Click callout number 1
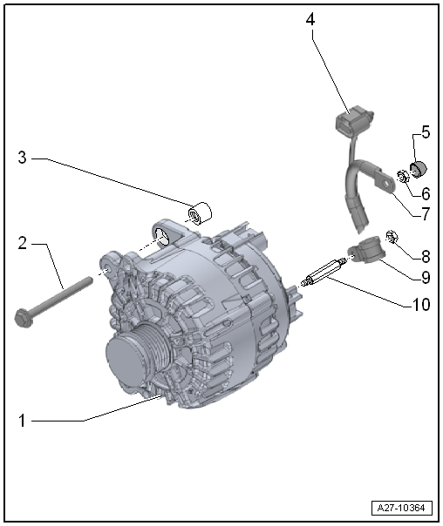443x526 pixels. click(22, 421)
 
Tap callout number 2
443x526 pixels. click(22, 243)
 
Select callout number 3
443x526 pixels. click(22, 157)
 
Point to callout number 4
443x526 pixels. click(310, 19)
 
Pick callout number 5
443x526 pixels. click(426, 131)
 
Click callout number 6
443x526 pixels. click(426, 193)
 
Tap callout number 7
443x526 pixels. click(426, 213)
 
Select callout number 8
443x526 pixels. click(426, 257)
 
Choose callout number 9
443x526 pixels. click(426, 278)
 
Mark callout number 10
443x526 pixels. click(421, 304)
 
